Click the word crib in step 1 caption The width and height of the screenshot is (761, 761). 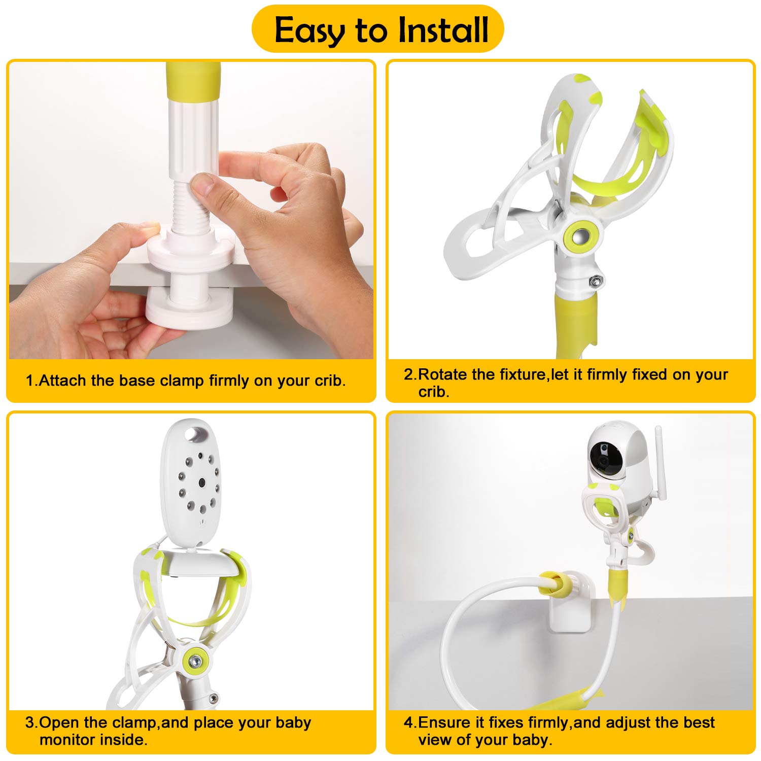point(328,380)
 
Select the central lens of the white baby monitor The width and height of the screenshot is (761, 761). point(201,482)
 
